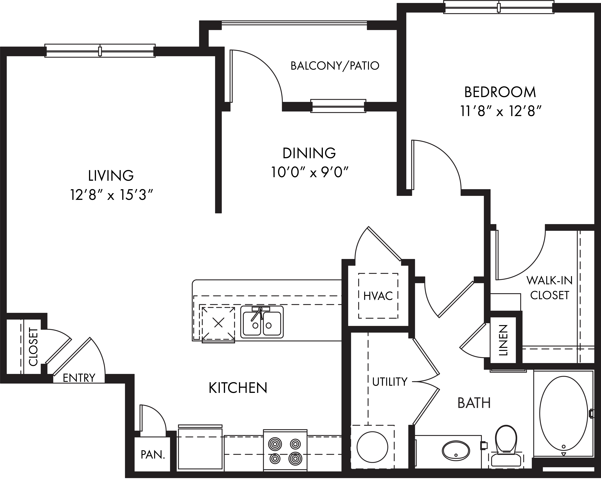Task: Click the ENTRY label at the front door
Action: [x=79, y=378]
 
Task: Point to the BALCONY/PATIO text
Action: [x=335, y=66]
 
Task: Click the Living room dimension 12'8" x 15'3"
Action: [x=112, y=195]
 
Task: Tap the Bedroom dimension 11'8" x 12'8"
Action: [x=500, y=112]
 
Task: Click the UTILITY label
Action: [x=390, y=382]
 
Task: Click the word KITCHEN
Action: [x=238, y=388]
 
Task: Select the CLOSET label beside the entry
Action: [x=33, y=347]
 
